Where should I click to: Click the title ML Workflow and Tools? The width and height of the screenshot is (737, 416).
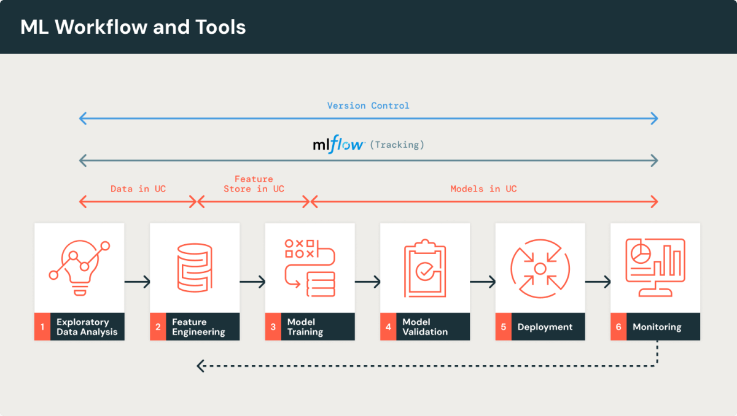click(x=133, y=27)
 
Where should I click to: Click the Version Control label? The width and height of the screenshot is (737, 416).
click(x=368, y=106)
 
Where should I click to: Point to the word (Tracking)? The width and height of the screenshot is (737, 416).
click(x=399, y=145)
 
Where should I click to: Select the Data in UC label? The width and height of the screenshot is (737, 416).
click(x=138, y=188)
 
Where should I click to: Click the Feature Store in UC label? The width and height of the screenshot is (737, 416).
click(x=254, y=184)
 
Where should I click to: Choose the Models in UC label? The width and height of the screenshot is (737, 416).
click(x=483, y=188)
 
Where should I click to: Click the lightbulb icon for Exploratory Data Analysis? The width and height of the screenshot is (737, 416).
click(x=79, y=268)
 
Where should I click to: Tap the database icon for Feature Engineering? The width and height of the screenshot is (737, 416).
click(x=194, y=268)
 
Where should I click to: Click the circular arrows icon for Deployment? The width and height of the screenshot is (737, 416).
click(x=540, y=268)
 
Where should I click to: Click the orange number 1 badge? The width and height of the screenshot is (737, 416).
click(x=42, y=327)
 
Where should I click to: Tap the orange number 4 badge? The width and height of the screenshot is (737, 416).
click(x=388, y=327)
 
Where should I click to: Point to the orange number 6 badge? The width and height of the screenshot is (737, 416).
click(x=618, y=327)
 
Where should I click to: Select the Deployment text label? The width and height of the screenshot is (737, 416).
click(x=545, y=327)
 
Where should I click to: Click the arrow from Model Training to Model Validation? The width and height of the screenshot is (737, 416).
click(x=367, y=282)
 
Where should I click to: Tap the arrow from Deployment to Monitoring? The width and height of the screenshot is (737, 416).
click(x=598, y=282)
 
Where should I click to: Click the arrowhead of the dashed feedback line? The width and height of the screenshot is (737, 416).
click(x=200, y=366)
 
